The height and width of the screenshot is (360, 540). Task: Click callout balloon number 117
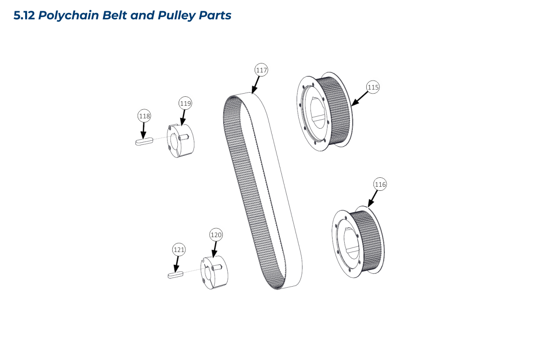261,70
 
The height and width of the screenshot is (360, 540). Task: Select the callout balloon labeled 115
373,87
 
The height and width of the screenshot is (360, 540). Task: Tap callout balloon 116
380,184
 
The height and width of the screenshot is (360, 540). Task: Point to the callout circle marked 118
144,116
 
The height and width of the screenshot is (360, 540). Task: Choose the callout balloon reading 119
185,103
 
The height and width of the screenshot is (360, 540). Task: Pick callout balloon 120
216,235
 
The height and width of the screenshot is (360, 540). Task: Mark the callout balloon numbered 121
179,249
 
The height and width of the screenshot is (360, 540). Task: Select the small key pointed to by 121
175,274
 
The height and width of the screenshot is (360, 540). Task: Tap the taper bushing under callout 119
180,140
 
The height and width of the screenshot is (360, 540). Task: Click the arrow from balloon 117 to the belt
256,84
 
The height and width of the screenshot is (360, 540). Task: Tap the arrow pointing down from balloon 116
373,199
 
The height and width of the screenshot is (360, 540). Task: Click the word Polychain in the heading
71,16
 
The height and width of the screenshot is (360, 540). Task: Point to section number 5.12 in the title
24,16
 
